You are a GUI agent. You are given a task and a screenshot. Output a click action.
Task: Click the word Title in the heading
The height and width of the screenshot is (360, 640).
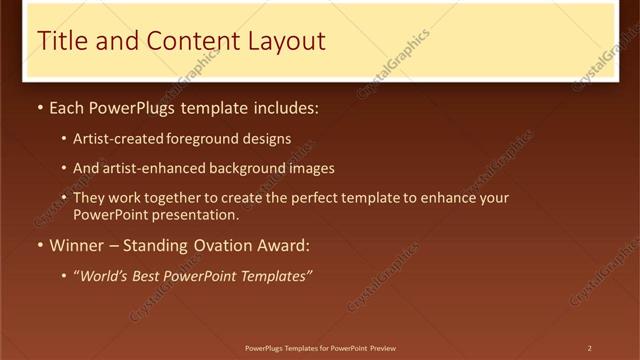[59, 41]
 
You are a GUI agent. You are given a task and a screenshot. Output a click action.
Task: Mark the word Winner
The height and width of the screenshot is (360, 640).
[77, 245]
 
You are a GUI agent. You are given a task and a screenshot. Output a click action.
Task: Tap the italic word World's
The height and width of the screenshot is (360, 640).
[103, 276]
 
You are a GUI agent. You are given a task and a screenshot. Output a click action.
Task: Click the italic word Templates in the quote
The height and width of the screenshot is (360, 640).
[273, 276]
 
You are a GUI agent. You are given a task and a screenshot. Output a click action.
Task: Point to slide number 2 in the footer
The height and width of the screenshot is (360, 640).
[590, 348]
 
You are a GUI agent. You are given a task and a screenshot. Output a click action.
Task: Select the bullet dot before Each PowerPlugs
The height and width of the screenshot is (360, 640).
[39, 108]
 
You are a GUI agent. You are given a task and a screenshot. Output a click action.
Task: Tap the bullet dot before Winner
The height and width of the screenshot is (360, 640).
[39, 245]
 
